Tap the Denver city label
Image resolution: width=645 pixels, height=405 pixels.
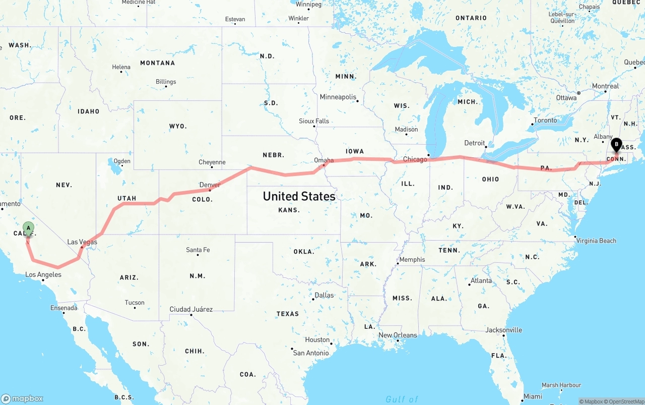pyautogui.click(x=210, y=185)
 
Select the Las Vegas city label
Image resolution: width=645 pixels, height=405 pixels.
pyautogui.click(x=82, y=242)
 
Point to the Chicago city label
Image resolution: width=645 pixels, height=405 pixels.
pyautogui.click(x=415, y=159)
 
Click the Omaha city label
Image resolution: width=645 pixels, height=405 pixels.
pyautogui.click(x=324, y=160)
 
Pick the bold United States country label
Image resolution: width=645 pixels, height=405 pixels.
pyautogui.click(x=299, y=196)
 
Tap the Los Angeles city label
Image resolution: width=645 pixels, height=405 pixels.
pyautogui.click(x=43, y=275)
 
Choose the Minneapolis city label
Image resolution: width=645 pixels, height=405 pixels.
pyautogui.click(x=338, y=97)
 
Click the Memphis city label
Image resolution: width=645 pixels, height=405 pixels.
pyautogui.click(x=412, y=260)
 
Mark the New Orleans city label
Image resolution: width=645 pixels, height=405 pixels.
pyautogui.click(x=398, y=335)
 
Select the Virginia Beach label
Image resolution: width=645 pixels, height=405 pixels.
pyautogui.click(x=597, y=241)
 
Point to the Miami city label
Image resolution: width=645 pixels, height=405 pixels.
pyautogui.click(x=532, y=396)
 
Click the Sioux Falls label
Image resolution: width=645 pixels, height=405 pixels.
pyautogui.click(x=314, y=121)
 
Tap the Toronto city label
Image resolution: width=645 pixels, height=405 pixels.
pyautogui.click(x=545, y=120)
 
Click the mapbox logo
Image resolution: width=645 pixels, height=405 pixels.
pyautogui.click(x=23, y=398)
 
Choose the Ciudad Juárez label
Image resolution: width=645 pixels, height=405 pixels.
pyautogui.click(x=191, y=309)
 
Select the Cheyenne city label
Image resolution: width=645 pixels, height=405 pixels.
pyautogui.click(x=212, y=162)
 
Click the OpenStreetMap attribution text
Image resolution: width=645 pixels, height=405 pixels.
pyautogui.click(x=625, y=401)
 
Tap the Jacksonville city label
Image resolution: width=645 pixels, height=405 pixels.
pyautogui.click(x=503, y=330)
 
